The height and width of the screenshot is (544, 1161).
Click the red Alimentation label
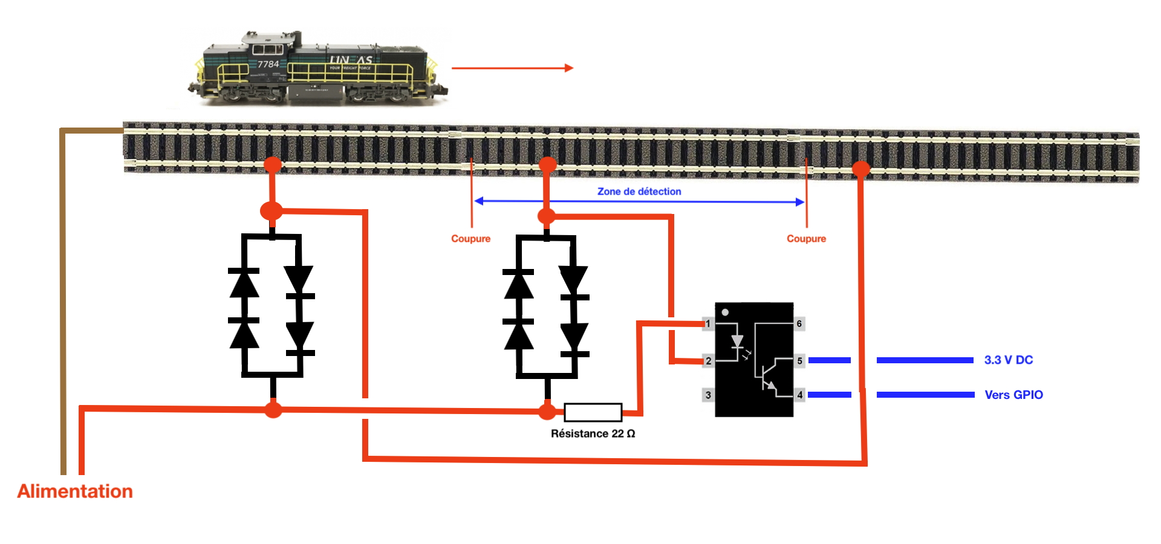point(75,491)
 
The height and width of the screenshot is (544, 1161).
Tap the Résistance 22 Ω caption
point(593,433)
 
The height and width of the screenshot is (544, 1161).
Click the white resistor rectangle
point(593,412)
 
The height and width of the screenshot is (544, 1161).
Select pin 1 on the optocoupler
point(708,323)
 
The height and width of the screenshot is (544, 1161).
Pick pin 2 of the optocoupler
point(708,361)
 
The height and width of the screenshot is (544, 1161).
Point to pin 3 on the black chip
point(708,395)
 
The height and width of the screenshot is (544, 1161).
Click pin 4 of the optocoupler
point(799,395)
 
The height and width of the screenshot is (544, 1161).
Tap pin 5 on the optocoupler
point(799,361)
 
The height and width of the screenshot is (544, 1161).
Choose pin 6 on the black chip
point(799,324)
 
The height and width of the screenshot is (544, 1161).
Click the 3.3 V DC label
point(1009,360)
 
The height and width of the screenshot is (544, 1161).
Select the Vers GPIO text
point(1013,395)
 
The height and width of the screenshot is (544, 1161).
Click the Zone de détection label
point(639,192)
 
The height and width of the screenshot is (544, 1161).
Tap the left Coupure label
point(470,239)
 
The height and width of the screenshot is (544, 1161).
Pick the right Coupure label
point(806,239)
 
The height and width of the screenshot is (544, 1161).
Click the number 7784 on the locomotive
point(268,64)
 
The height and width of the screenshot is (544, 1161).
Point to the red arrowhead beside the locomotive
point(568,68)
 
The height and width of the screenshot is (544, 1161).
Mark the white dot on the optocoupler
point(725,312)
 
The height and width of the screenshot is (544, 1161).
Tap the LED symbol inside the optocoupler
point(737,342)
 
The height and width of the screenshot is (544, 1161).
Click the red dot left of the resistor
point(547,412)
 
